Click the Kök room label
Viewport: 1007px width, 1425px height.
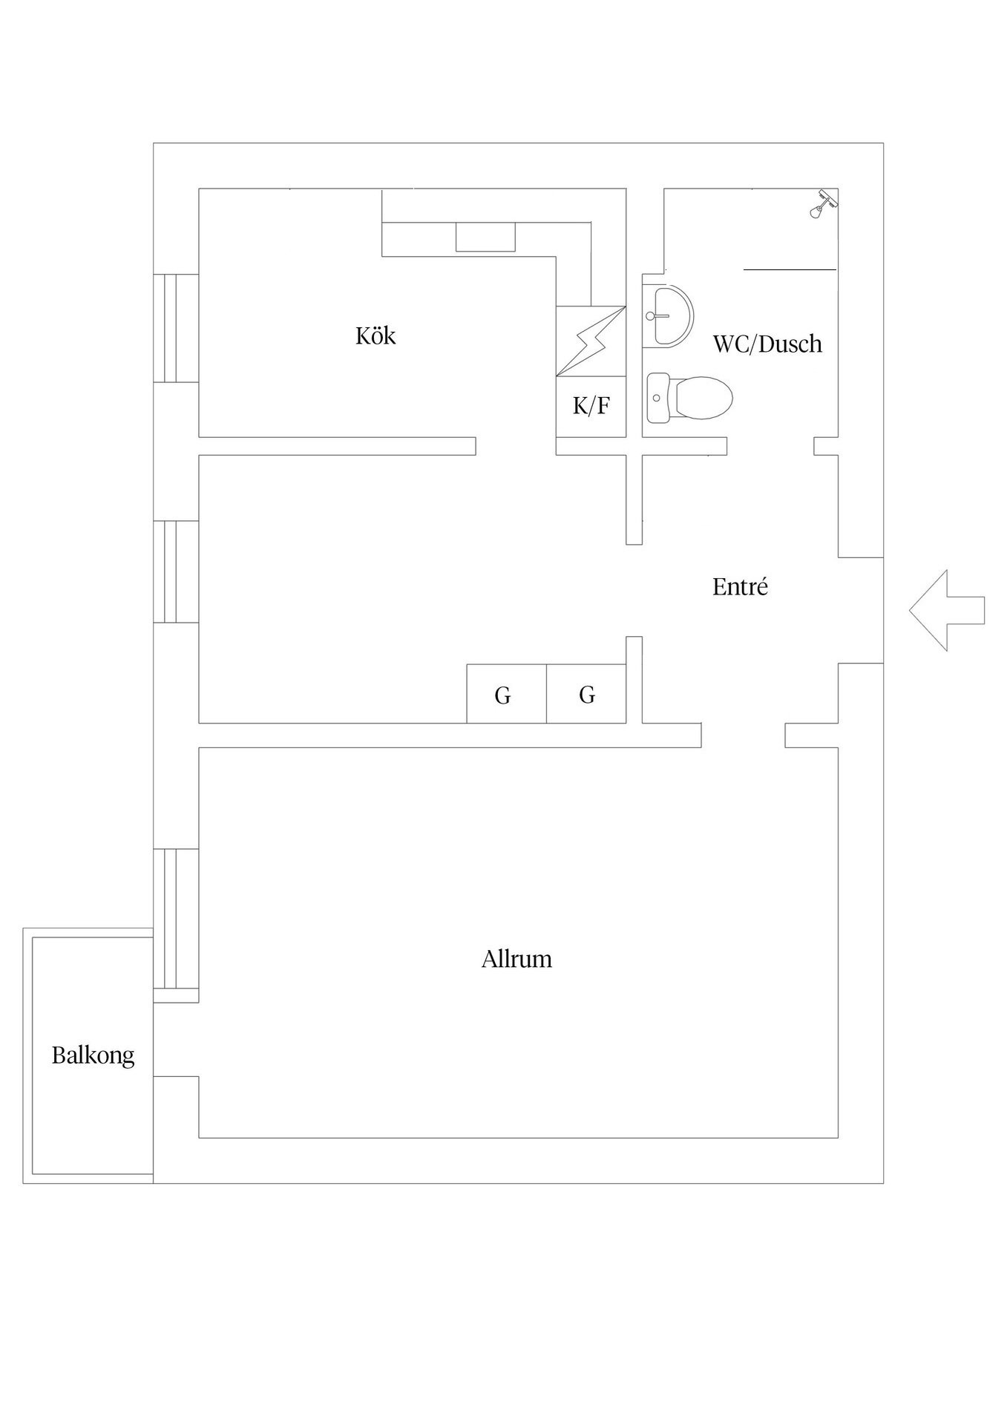click(x=375, y=335)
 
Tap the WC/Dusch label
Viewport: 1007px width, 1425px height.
click(x=767, y=344)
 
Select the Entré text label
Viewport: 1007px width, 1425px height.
click(x=740, y=586)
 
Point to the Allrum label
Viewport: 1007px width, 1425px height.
click(x=516, y=959)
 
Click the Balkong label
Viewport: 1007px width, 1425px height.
click(x=93, y=1055)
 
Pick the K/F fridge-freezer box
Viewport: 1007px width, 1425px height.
click(x=591, y=407)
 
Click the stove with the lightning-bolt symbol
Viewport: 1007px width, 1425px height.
click(x=591, y=341)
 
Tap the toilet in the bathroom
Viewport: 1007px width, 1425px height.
click(x=689, y=398)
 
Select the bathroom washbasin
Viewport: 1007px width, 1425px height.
click(x=668, y=316)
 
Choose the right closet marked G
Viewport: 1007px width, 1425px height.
click(x=586, y=694)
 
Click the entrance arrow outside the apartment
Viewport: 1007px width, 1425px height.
click(x=947, y=610)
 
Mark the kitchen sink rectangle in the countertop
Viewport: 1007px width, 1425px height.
click(x=485, y=237)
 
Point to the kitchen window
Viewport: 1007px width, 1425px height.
click(x=176, y=328)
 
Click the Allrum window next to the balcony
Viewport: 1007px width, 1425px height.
click(x=176, y=919)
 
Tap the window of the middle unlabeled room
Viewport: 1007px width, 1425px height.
click(x=176, y=571)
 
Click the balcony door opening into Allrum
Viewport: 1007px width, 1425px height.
click(x=176, y=1039)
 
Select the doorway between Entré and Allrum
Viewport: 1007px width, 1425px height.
click(x=743, y=735)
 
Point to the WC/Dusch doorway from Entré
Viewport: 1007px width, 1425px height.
click(x=770, y=445)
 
